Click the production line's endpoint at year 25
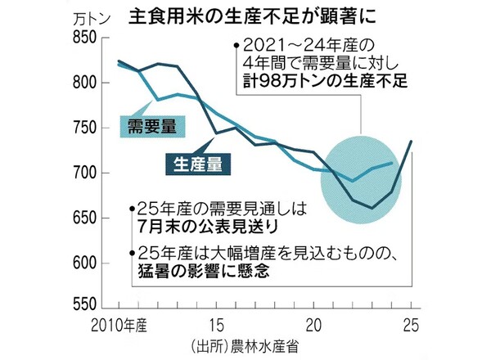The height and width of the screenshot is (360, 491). tap(411, 142)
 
